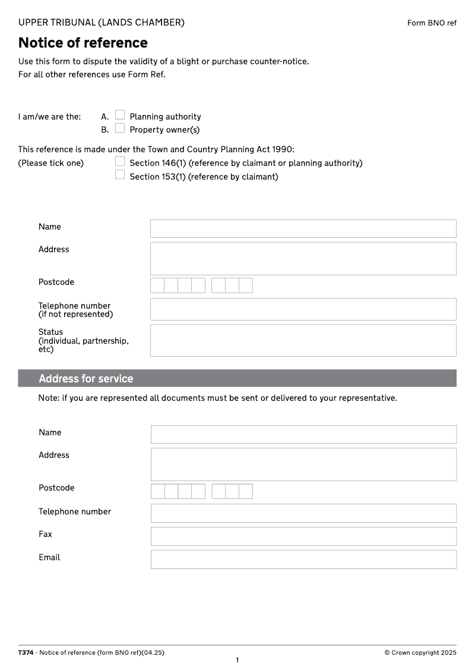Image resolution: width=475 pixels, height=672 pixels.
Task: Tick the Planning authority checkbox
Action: pyautogui.click(x=120, y=115)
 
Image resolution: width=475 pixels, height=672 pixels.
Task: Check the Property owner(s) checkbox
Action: pyautogui.click(x=120, y=128)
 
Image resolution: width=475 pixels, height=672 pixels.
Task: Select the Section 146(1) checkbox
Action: pyautogui.click(x=120, y=161)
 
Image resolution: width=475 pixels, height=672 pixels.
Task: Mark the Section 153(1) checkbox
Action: pyautogui.click(x=120, y=175)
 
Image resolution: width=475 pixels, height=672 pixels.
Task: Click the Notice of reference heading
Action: pyautogui.click(x=83, y=43)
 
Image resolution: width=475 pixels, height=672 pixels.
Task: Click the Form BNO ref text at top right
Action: pyautogui.click(x=432, y=23)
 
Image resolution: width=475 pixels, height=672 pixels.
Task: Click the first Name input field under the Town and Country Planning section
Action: pyautogui.click(x=303, y=228)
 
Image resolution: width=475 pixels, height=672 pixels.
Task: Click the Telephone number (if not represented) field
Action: pyautogui.click(x=303, y=309)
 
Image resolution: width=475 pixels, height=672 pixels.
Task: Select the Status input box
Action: pyautogui.click(x=303, y=340)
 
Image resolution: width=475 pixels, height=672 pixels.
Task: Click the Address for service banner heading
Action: pyautogui.click(x=86, y=379)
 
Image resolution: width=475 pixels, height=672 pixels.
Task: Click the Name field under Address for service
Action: pyautogui.click(x=303, y=434)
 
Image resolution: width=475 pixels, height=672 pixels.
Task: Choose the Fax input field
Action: pyautogui.click(x=303, y=536)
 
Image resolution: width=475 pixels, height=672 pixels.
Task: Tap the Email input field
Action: pyautogui.click(x=303, y=559)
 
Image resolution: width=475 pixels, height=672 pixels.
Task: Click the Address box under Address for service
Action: pyautogui.click(x=303, y=464)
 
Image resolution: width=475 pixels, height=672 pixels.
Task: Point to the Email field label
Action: pyautogui.click(x=49, y=557)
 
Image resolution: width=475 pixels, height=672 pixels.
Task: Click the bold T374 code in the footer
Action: pyautogui.click(x=26, y=652)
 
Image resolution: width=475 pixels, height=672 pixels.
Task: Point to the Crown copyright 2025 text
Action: pyautogui.click(x=420, y=652)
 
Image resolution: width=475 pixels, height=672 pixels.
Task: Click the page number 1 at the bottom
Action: pyautogui.click(x=237, y=660)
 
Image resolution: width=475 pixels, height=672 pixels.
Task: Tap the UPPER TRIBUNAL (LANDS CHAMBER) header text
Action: pyautogui.click(x=102, y=23)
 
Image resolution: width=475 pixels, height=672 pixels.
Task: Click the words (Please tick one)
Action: pyautogui.click(x=51, y=163)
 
